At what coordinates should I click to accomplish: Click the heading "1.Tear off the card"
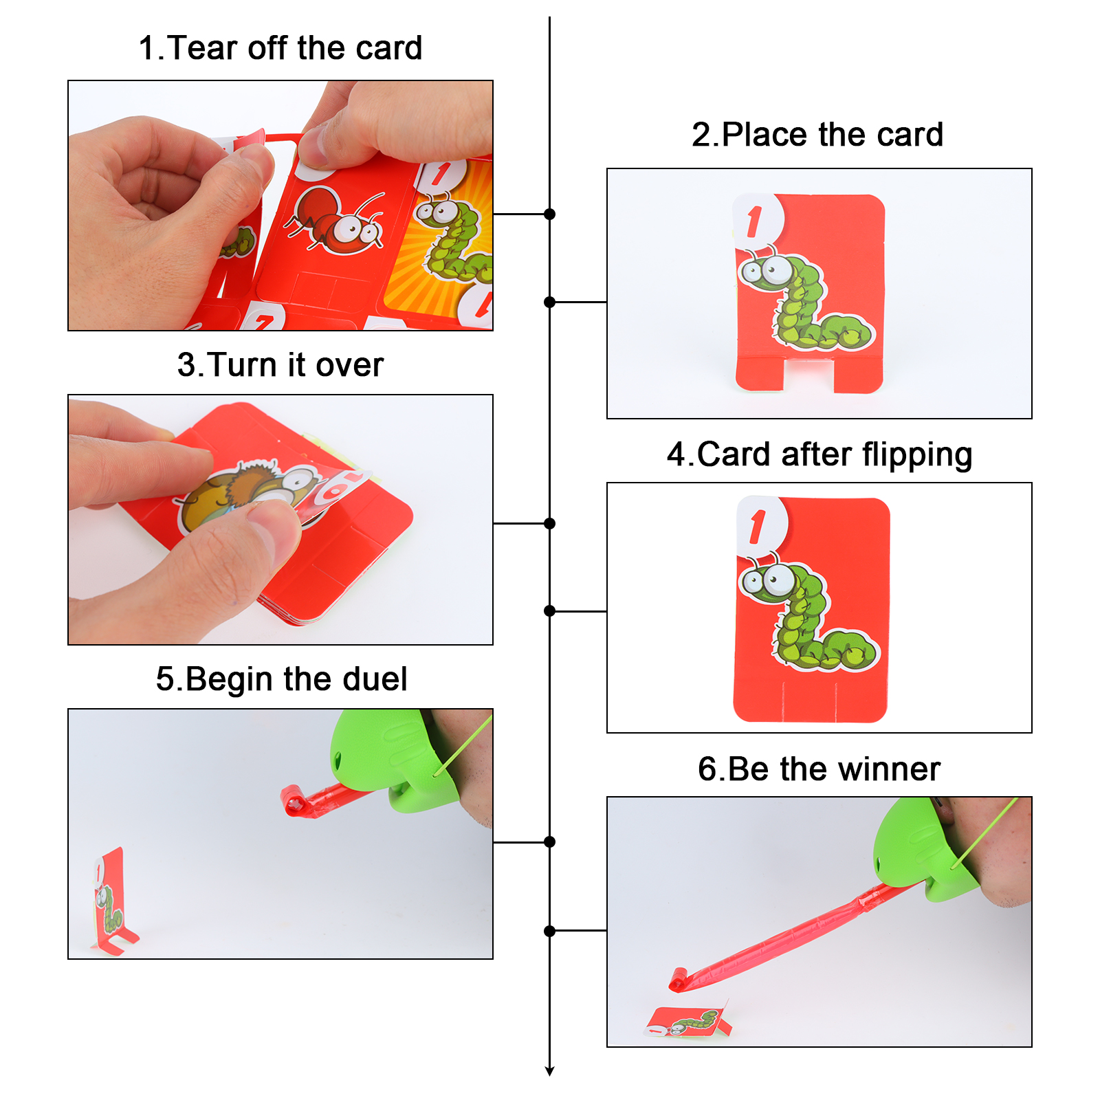click(280, 48)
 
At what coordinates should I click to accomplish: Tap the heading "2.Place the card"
click(817, 135)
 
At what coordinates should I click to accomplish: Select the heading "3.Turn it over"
click(280, 365)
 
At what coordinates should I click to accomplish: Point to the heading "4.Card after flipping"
click(819, 455)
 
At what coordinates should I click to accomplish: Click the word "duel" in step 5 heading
click(375, 679)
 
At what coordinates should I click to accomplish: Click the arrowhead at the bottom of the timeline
click(549, 1070)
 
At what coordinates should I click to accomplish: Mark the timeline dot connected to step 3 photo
click(549, 524)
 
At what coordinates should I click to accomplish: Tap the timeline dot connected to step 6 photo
click(549, 931)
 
